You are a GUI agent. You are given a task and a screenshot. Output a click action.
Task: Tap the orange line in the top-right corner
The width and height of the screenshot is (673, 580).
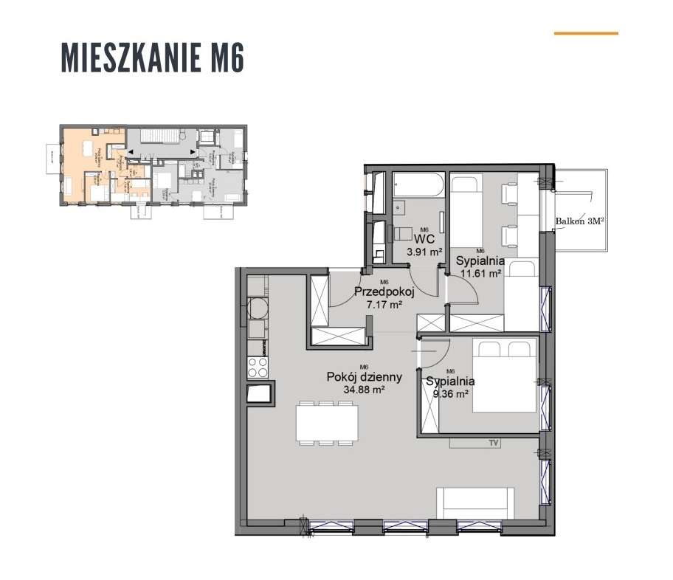pos(585,33)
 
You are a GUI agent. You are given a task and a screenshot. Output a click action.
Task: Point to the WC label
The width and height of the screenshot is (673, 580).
pos(423,240)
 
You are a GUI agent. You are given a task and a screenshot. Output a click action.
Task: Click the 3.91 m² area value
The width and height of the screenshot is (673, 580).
pos(424,252)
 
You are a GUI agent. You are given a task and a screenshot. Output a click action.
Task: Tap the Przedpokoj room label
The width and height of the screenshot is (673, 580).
pos(384,291)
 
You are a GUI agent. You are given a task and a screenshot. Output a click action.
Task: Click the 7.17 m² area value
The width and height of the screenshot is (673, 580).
pos(384,303)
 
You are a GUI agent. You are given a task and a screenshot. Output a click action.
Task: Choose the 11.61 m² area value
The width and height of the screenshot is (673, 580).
pos(480,272)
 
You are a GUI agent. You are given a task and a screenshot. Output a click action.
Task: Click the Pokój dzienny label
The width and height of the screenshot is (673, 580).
pos(364,377)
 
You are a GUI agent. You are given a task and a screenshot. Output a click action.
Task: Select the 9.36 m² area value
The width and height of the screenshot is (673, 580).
pos(451,393)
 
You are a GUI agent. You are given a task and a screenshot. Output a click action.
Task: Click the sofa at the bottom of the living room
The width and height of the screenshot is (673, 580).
pos(472,504)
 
